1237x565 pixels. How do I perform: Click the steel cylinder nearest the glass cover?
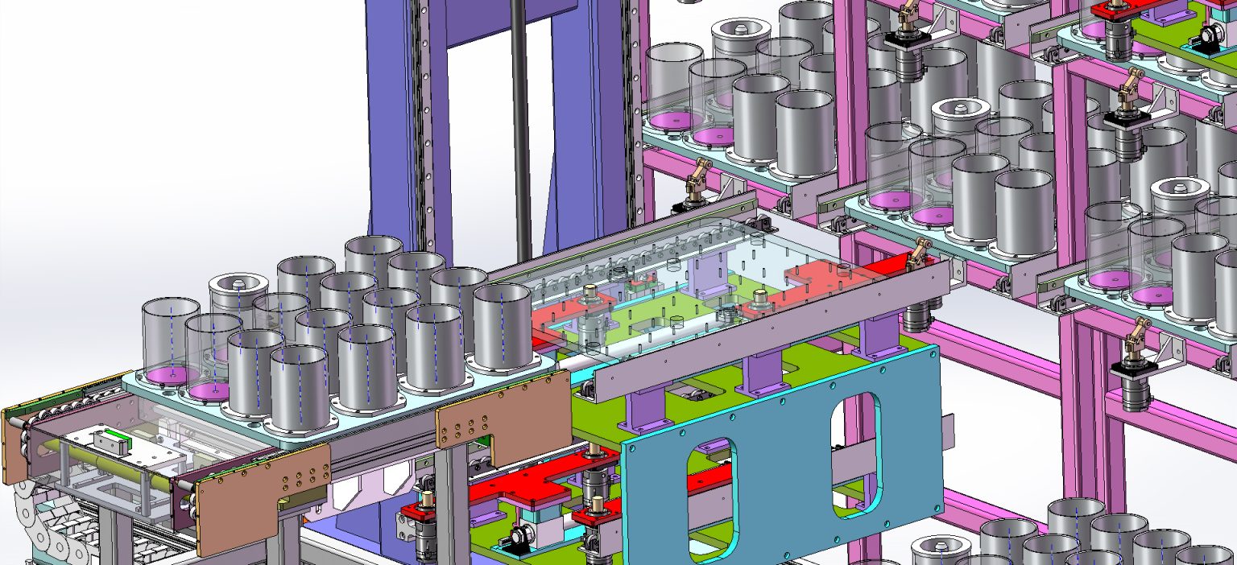(503, 326)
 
